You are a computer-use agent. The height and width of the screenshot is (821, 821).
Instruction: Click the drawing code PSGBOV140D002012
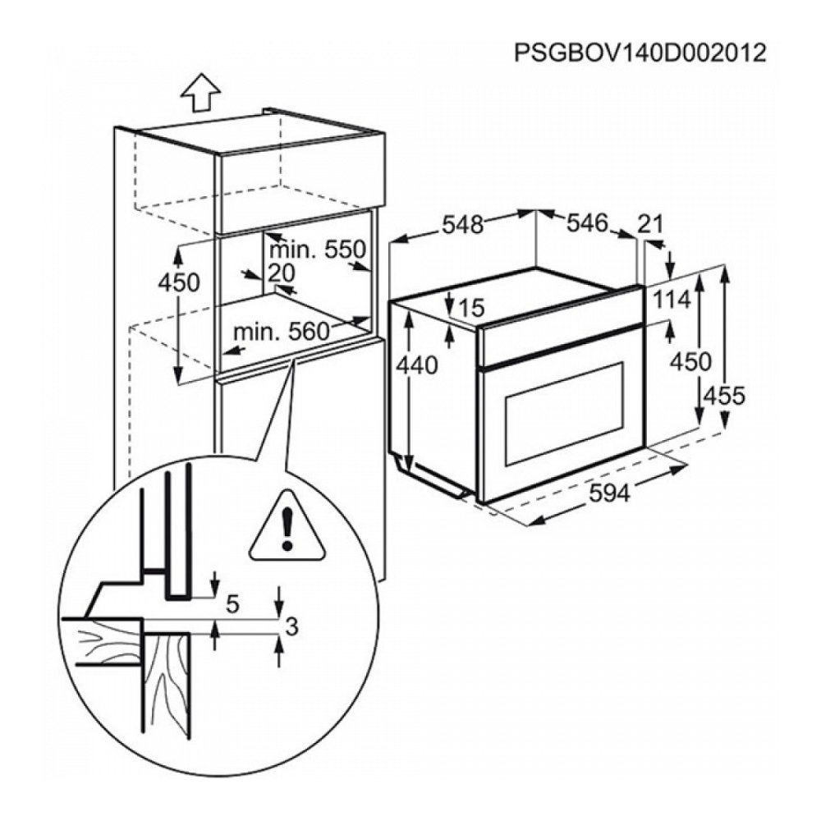pyautogui.click(x=640, y=53)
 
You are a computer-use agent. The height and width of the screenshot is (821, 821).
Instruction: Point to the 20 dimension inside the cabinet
pyautogui.click(x=281, y=273)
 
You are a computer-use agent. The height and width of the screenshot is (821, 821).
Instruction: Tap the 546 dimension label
pyautogui.click(x=587, y=223)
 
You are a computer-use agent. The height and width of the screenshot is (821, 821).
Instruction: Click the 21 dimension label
pyautogui.click(x=650, y=223)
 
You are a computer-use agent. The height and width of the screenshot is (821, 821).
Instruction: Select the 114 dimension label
pyautogui.click(x=672, y=300)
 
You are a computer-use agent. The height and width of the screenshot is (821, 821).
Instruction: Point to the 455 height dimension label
pyautogui.click(x=723, y=396)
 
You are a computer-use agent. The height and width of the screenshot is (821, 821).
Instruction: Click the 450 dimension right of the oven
pyautogui.click(x=688, y=361)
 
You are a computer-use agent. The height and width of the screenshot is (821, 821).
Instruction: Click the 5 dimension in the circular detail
pyautogui.click(x=232, y=605)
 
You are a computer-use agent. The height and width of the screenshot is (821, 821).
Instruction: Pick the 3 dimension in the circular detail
pyautogui.click(x=290, y=628)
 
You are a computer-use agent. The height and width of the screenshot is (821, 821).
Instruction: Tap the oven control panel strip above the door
pyautogui.click(x=558, y=337)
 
